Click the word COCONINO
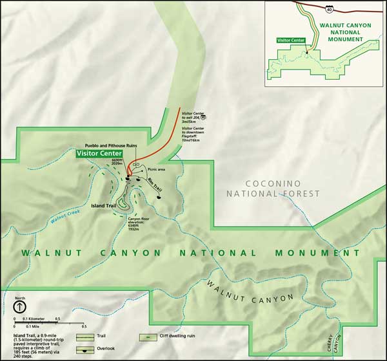(274, 183)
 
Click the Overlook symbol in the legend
(86, 350)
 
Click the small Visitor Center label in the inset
(290, 40)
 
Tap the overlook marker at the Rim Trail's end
(159, 197)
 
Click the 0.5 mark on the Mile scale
(56, 326)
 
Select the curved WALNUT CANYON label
(250, 293)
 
